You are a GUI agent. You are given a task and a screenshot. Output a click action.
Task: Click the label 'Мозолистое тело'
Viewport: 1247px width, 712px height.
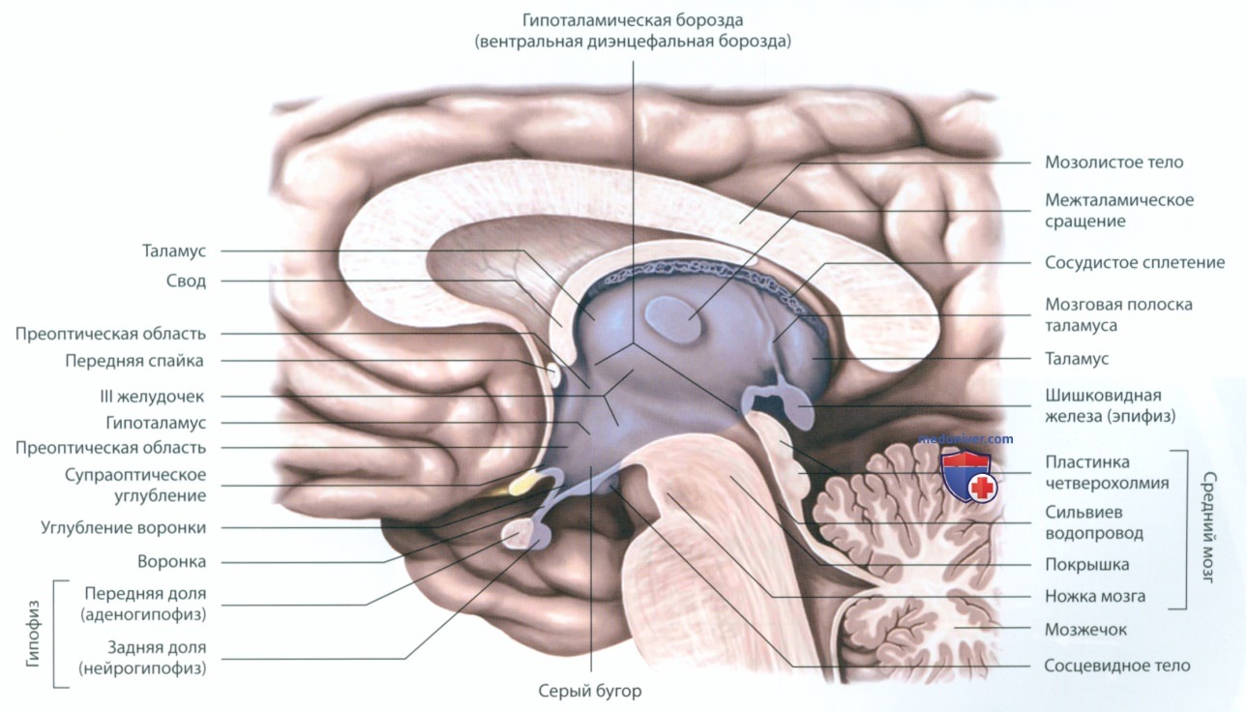click(1113, 163)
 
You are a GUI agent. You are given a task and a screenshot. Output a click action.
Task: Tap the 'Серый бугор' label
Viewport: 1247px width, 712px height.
click(589, 691)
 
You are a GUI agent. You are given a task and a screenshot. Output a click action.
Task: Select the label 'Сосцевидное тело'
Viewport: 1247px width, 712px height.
click(1116, 666)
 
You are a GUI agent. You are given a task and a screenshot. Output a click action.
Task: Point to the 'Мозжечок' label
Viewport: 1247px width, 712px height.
click(1085, 630)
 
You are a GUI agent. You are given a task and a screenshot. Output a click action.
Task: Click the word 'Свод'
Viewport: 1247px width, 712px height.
click(186, 281)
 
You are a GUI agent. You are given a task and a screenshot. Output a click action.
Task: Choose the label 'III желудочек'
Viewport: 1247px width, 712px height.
click(152, 397)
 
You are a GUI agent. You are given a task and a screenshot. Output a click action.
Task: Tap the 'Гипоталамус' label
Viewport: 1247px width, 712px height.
click(156, 423)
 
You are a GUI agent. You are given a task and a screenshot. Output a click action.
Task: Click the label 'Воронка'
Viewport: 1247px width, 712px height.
click(171, 562)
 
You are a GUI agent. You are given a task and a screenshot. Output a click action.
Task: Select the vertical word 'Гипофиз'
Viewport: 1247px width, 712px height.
click(33, 634)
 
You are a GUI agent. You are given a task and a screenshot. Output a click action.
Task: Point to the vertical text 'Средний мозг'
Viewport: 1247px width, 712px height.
click(1208, 526)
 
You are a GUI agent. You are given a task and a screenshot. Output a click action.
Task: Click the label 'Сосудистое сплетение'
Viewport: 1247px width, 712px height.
click(1135, 262)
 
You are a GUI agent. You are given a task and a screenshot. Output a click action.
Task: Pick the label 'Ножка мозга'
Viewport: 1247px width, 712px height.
click(1094, 596)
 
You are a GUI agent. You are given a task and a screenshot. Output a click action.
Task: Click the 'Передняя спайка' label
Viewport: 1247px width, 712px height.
click(134, 361)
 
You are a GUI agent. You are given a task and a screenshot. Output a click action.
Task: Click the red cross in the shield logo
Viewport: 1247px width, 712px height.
click(983, 488)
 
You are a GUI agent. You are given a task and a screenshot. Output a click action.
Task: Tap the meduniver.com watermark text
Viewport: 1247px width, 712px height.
click(965, 438)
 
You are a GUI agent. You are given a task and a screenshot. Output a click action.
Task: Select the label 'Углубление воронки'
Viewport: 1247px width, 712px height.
click(123, 527)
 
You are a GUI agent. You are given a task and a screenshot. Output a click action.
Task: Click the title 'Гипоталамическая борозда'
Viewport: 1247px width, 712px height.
click(633, 20)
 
